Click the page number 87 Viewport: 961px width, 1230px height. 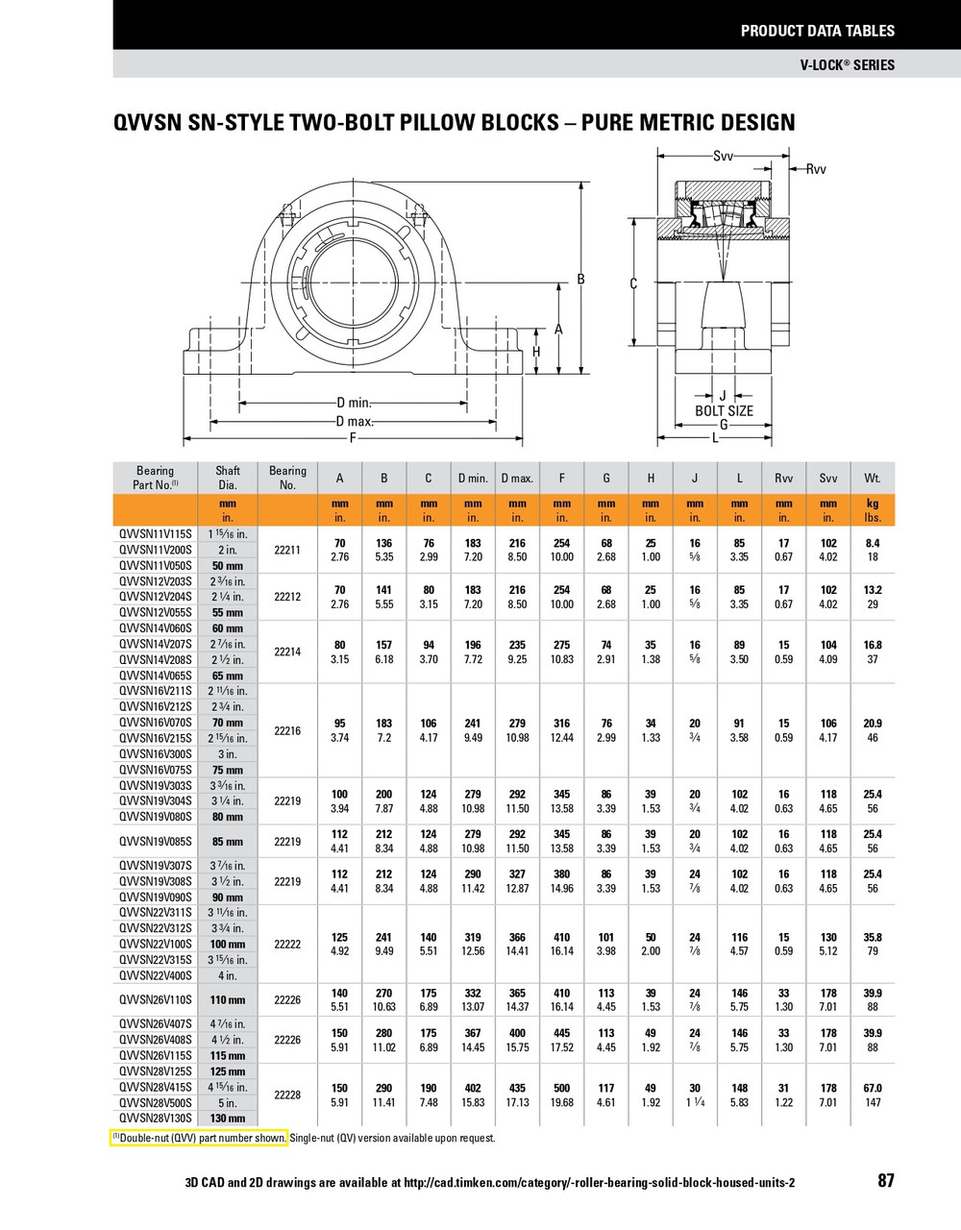click(x=885, y=1181)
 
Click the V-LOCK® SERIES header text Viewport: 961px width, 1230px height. click(x=847, y=65)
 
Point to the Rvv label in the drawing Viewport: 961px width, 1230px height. click(x=816, y=169)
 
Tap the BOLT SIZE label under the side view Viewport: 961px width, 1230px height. click(x=724, y=411)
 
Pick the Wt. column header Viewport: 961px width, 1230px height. click(x=873, y=478)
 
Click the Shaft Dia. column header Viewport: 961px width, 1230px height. click(x=228, y=478)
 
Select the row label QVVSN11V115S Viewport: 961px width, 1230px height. click(x=155, y=534)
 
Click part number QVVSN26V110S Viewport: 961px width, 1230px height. click(x=155, y=1000)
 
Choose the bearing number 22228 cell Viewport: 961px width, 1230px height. click(x=287, y=1095)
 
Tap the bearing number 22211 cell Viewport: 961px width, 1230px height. click(x=287, y=550)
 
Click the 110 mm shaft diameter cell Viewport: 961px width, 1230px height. click(x=228, y=1000)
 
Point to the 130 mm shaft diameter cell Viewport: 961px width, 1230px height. click(x=228, y=1119)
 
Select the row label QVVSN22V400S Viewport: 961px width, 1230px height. click(x=155, y=975)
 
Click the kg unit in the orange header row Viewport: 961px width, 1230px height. click(x=873, y=504)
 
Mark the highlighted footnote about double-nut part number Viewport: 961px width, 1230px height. click(x=200, y=1138)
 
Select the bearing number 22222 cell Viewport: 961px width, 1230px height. click(x=287, y=944)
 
